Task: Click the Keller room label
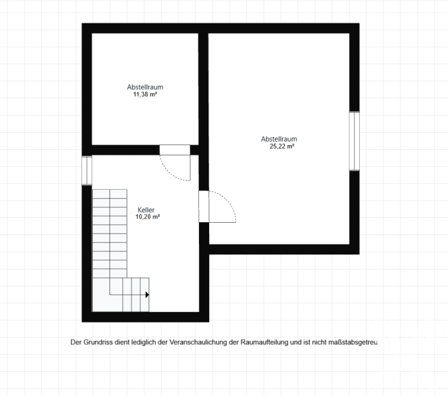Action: [x=146, y=210]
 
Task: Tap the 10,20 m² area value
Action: [x=147, y=217]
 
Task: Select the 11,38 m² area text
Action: [x=145, y=94]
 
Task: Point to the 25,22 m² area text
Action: [x=282, y=146]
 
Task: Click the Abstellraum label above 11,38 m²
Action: [x=145, y=87]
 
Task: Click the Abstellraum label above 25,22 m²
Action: [x=279, y=139]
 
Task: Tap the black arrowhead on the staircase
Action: [x=147, y=295]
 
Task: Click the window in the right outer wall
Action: [x=354, y=141]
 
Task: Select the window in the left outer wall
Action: [x=87, y=170]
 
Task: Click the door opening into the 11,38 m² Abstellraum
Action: [x=175, y=150]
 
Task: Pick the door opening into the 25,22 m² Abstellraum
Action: [x=204, y=206]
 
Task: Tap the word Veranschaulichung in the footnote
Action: [x=198, y=342]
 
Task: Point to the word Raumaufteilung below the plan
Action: [x=264, y=342]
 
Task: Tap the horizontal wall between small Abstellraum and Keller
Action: [x=125, y=150]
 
